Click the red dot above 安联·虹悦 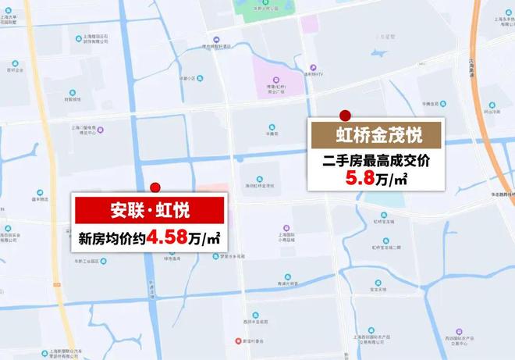click(x=155, y=187)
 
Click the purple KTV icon click(x=311, y=68)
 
